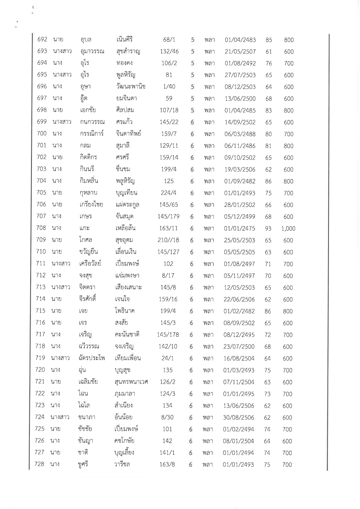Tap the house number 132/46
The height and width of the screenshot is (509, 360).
[169, 52]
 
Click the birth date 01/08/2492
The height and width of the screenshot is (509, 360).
[240, 63]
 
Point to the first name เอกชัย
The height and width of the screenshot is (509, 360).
[88, 110]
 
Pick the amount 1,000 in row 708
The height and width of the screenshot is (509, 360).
[288, 229]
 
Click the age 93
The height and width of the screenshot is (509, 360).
[268, 229]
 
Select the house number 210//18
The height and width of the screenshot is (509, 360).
[168, 240]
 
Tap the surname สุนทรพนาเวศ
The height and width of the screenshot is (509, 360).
[131, 382]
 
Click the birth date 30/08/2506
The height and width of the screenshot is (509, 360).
[239, 418]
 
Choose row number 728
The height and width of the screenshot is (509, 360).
[39, 464]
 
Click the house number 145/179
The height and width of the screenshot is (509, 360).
[168, 216]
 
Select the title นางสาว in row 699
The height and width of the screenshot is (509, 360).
[62, 122]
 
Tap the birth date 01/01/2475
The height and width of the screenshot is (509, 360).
[240, 229]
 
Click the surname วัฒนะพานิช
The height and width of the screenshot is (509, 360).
[130, 87]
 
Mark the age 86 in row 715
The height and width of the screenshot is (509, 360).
[268, 311]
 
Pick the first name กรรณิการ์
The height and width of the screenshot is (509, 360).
[92, 134]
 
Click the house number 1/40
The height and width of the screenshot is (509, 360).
[169, 87]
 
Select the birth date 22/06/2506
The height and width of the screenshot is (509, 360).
[239, 299]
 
